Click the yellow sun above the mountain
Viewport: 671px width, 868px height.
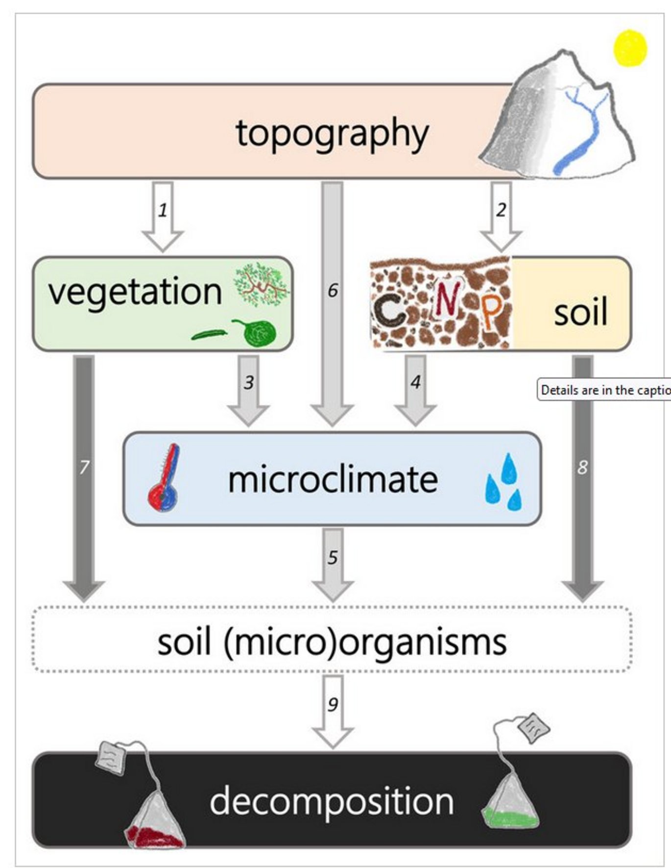630,48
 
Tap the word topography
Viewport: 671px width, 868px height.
332,133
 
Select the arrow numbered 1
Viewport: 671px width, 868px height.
163,216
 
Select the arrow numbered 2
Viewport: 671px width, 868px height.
501,216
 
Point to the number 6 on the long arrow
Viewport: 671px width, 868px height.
333,290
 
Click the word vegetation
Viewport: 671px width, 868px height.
135,292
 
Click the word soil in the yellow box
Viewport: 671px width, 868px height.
580,312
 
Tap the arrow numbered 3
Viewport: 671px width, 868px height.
249,390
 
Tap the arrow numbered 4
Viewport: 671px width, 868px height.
415,390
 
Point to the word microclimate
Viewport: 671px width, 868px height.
333,479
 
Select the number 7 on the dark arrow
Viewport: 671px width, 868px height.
84,467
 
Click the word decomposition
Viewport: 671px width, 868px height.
332,801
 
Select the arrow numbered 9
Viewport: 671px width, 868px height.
333,711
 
